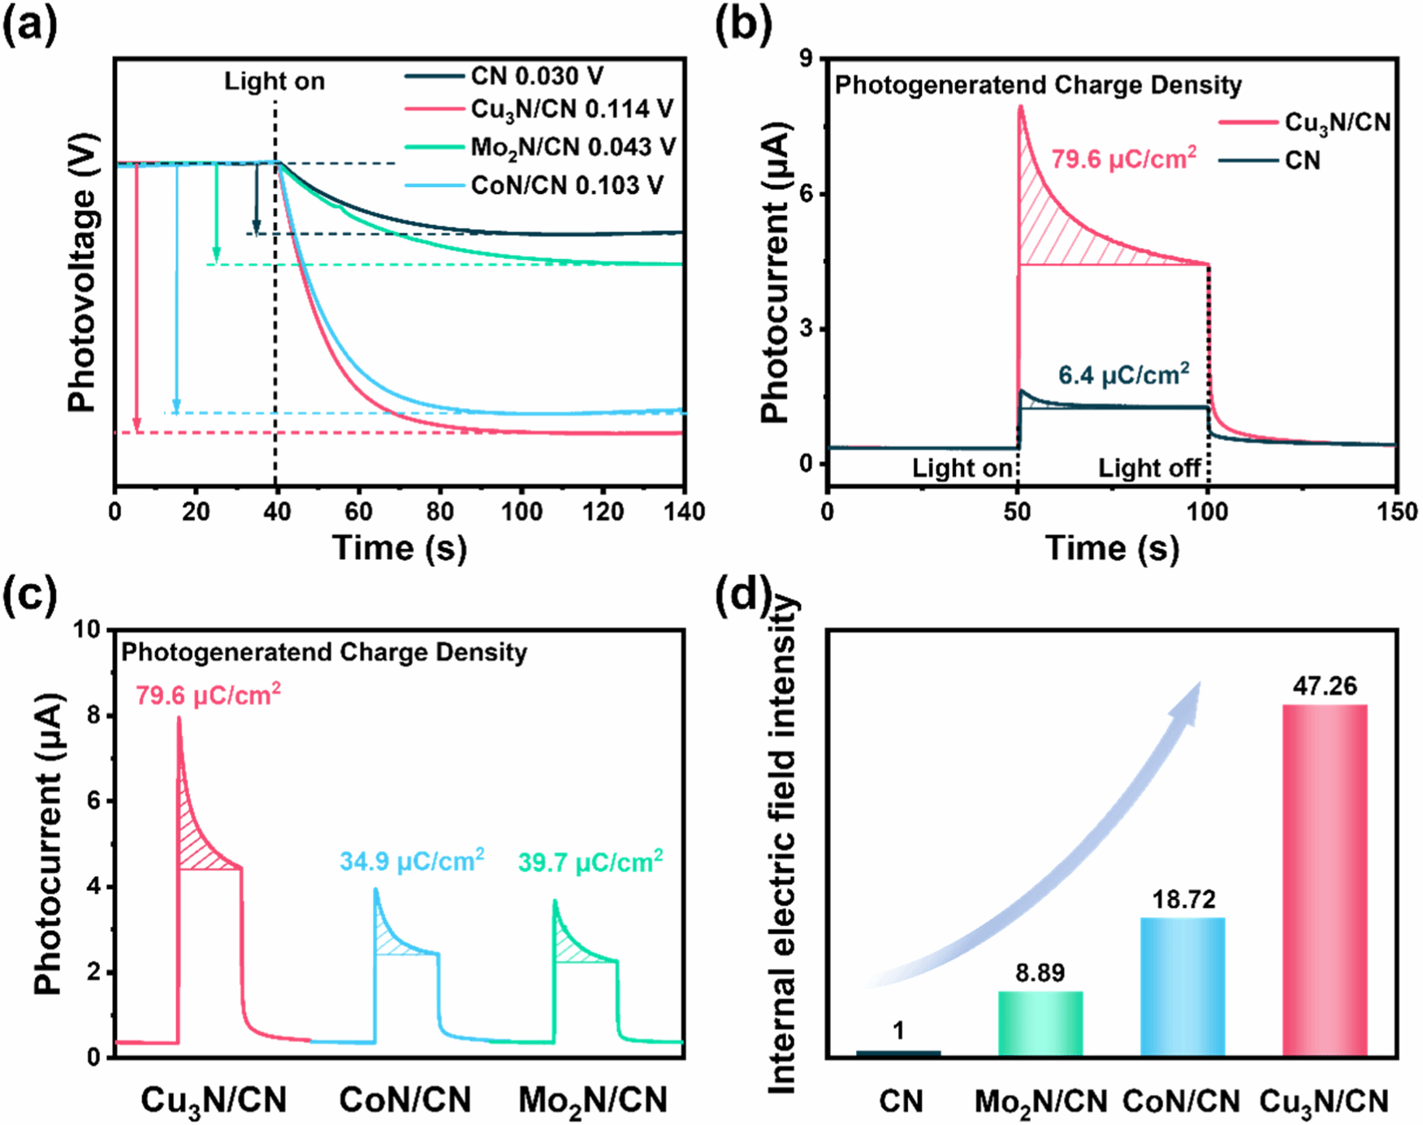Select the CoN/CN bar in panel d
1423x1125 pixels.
1183,986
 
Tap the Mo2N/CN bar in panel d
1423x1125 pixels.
1040,1023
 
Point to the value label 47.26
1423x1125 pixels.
1325,686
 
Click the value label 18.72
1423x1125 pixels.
1183,899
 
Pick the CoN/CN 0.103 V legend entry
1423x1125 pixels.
566,185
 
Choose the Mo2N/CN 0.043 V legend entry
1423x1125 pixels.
573,147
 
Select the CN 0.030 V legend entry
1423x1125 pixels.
537,76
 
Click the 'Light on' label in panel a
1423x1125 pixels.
275,81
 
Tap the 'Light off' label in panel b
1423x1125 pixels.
1149,468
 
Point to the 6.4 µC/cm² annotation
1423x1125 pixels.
1123,374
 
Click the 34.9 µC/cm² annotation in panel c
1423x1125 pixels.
412,860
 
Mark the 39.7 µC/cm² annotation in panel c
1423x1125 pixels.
590,861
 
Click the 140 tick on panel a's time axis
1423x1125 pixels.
685,512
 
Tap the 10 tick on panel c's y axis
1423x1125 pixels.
87,630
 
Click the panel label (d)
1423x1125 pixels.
742,596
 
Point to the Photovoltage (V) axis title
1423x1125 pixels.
83,273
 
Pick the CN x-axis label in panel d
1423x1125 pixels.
901,1101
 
